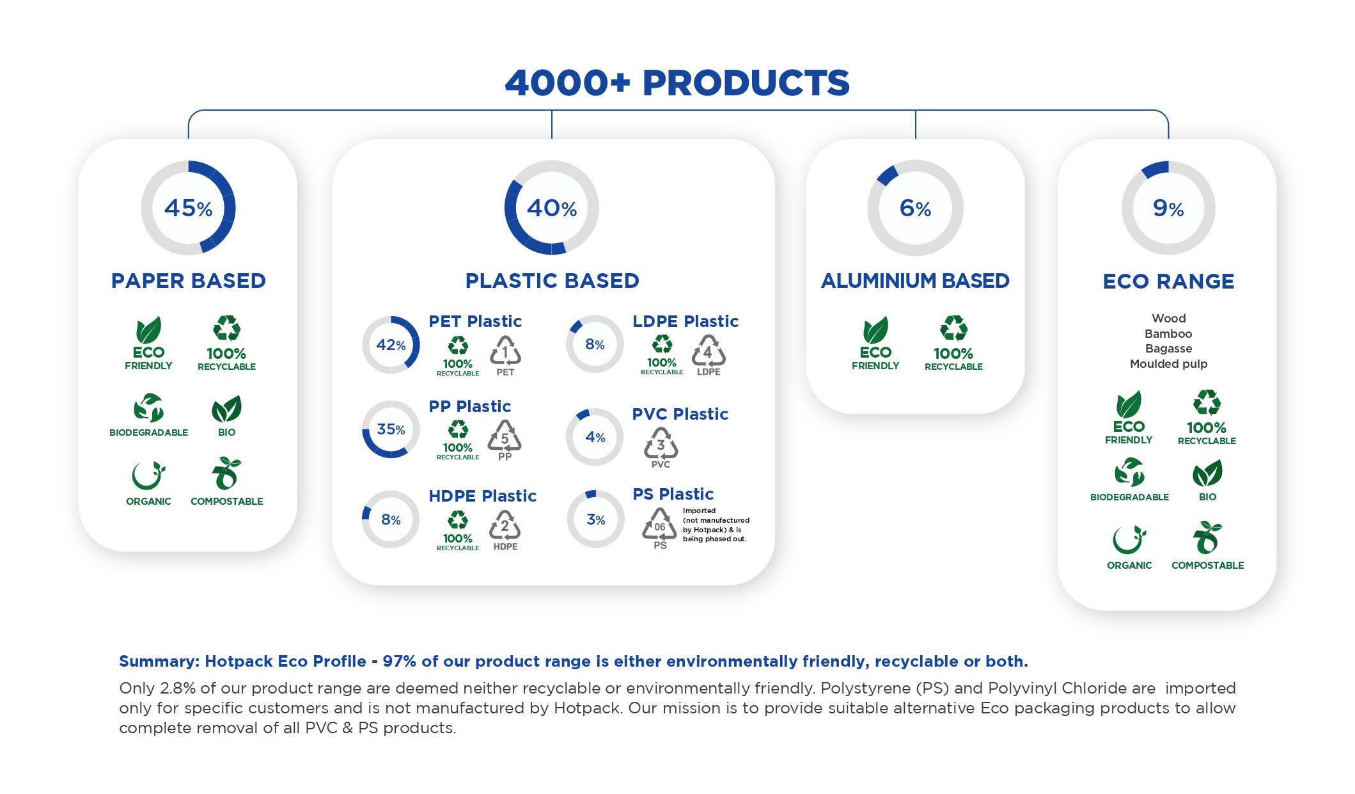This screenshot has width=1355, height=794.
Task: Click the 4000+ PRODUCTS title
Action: tap(677, 83)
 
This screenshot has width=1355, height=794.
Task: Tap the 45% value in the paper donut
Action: tap(188, 208)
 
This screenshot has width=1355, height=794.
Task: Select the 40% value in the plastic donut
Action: tap(552, 208)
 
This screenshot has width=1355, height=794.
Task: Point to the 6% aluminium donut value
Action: tap(915, 208)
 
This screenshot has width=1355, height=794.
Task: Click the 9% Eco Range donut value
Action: tap(1168, 208)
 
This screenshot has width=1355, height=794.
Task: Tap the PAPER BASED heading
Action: tap(188, 281)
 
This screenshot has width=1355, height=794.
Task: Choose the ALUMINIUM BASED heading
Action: tap(915, 281)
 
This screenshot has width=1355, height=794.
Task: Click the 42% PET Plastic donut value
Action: tap(391, 345)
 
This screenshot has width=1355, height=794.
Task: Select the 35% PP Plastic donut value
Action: tap(391, 429)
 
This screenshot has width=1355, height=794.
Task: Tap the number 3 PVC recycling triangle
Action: tap(661, 443)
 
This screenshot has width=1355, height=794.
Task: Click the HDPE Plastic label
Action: tap(482, 496)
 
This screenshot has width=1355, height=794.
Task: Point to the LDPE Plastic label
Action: tap(685, 321)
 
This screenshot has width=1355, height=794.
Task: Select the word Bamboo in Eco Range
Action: tap(1168, 333)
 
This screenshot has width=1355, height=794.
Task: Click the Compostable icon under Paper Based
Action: tap(226, 473)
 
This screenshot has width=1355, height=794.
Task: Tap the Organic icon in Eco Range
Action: tap(1129, 539)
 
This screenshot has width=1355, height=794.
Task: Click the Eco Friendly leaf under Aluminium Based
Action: tap(875, 330)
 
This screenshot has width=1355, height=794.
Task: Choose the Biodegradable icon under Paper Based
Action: tap(148, 408)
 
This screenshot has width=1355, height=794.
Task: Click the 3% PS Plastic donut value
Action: tap(596, 520)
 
